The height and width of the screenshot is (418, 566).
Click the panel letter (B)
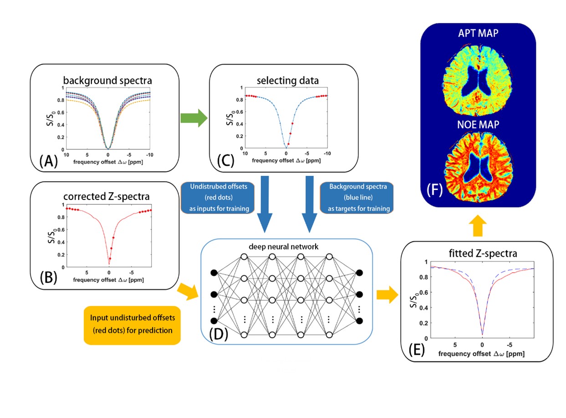tap(47, 277)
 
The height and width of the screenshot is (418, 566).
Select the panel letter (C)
tap(226, 161)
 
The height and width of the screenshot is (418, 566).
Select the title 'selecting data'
tap(287, 81)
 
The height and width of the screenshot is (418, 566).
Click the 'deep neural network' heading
tap(286, 247)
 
